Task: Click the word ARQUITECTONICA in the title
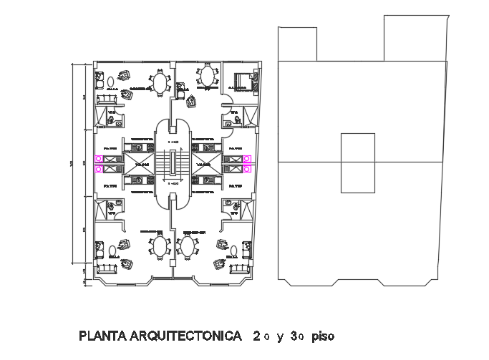click(185, 335)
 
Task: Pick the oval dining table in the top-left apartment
click(158, 83)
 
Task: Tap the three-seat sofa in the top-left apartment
click(107, 101)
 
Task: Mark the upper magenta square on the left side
click(97, 159)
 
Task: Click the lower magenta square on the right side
click(247, 169)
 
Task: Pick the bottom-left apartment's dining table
click(157, 248)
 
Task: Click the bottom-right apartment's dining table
click(188, 248)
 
